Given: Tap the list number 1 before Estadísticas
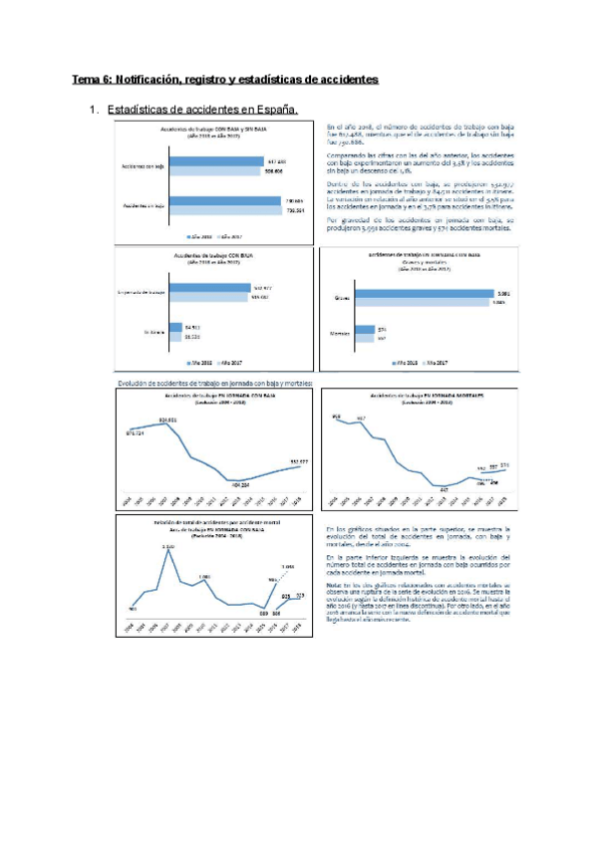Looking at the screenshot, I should point(92,109).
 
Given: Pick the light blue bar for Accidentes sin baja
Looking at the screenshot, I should point(232,210).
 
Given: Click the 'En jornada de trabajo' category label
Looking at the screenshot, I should point(141,292).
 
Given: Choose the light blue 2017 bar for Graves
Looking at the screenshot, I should point(433,302).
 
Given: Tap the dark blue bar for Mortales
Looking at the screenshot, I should point(362,329).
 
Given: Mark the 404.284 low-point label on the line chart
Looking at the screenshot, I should point(236,484).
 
